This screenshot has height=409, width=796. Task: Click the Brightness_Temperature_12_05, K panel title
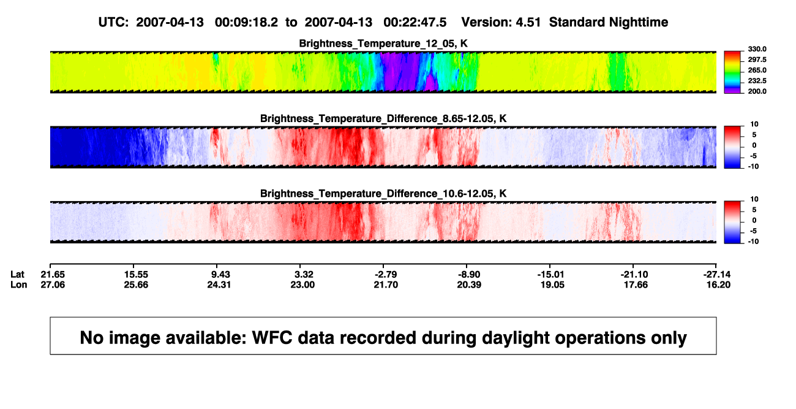[x=383, y=44]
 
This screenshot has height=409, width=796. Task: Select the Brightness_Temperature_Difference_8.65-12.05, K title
[x=383, y=118]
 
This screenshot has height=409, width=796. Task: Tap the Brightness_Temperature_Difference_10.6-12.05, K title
[x=383, y=194]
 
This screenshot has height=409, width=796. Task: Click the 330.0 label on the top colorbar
[x=757, y=49]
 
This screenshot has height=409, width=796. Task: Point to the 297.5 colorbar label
[x=757, y=59]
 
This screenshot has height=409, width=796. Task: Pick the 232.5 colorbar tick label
[x=757, y=81]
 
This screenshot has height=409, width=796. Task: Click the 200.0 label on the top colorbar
[x=757, y=91]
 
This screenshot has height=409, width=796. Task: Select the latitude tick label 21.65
[x=53, y=275]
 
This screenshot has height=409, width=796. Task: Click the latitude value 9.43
[x=220, y=275]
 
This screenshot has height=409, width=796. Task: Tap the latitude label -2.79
[x=386, y=275]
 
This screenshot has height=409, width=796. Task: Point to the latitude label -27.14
[x=717, y=275]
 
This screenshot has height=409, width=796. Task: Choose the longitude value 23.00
[x=302, y=285]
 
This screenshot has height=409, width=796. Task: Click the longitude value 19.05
[x=552, y=285]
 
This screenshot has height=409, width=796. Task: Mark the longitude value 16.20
[x=718, y=285]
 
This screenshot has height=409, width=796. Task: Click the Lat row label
[x=17, y=275]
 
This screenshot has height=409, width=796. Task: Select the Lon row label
[x=18, y=285]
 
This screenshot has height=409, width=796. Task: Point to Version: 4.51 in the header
[x=501, y=22]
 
